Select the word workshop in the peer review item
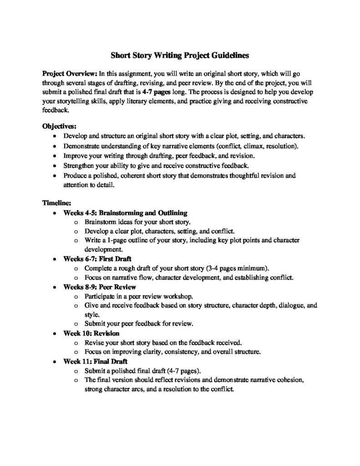[170, 296]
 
